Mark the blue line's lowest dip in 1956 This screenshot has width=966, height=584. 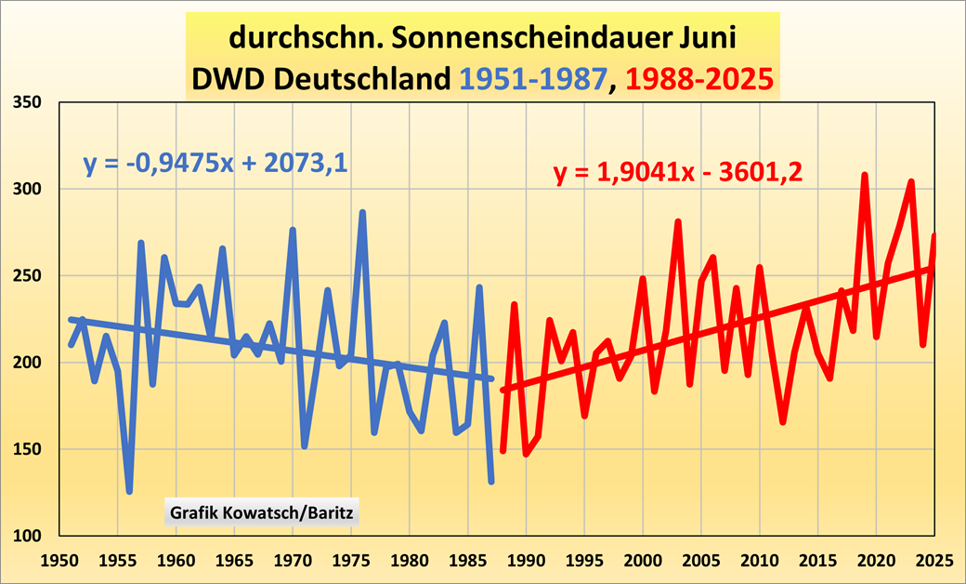coord(129,491)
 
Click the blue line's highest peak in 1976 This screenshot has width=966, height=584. coord(362,213)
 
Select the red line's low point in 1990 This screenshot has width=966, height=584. coord(526,454)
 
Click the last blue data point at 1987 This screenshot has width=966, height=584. coord(491,481)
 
